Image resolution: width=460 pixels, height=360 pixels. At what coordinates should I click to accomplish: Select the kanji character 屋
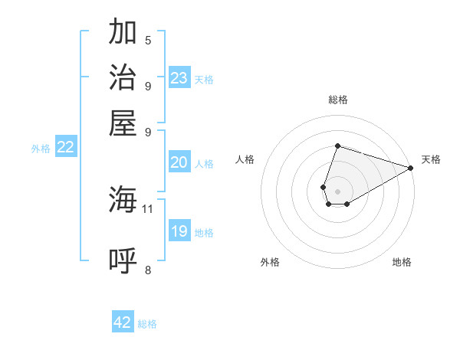pos(123,123)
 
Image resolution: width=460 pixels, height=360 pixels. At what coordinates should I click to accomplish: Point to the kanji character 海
pos(123,201)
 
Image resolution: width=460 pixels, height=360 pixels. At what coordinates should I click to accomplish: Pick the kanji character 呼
pos(123,260)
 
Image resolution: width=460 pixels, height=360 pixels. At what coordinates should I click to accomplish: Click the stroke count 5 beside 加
pos(148,40)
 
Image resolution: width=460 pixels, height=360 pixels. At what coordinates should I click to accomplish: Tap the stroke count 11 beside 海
pos(148,208)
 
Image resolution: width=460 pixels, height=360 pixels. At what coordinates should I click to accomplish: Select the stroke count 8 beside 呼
pos(148,269)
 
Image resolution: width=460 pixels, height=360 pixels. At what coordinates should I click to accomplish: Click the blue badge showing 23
pos(179,78)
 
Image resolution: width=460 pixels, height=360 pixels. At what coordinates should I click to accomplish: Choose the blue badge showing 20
pos(179,162)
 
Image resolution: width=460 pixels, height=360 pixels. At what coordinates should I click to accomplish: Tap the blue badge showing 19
pos(179,231)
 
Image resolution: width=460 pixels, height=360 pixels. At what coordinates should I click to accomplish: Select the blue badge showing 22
pos(65,148)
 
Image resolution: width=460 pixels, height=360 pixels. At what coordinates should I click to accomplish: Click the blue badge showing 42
pos(123,322)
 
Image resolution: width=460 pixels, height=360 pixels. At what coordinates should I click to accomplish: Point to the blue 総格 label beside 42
pos(148,324)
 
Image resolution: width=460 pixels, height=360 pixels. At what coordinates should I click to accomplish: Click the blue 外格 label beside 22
pos(41,149)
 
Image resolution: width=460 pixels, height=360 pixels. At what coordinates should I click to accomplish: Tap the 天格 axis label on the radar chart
pos(431,159)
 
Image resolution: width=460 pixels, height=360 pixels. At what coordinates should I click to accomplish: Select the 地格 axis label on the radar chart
pos(402,262)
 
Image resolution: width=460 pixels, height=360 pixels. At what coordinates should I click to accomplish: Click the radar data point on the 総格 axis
pos(337,146)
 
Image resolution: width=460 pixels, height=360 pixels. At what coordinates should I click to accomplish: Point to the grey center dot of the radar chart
pos(337,190)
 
